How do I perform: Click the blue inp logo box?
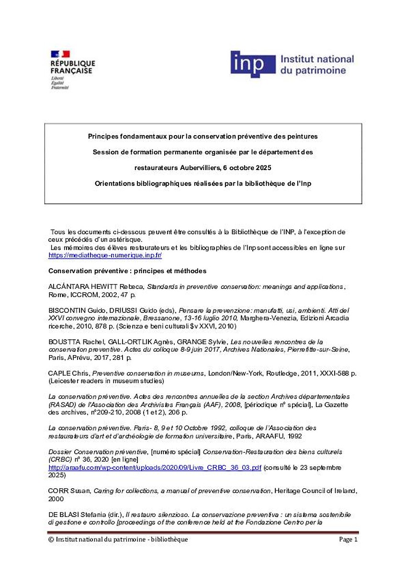(253, 64)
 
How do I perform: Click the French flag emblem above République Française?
(60, 54)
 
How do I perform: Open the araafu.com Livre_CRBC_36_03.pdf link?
(155, 468)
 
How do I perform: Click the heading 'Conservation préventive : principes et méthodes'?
(127, 271)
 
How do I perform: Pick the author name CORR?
(57, 491)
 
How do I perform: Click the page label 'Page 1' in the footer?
(348, 540)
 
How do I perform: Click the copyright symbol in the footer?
(51, 540)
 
